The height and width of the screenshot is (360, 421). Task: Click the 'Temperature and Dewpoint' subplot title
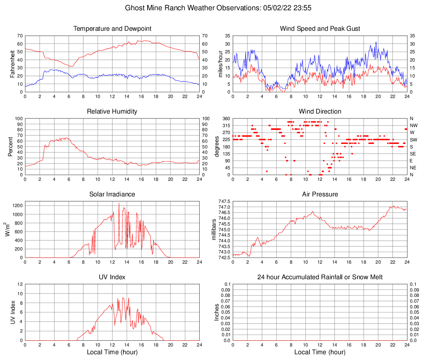click(x=112, y=29)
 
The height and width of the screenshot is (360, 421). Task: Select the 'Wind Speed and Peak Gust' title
click(x=320, y=29)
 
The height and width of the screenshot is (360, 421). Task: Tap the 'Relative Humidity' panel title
click(x=112, y=112)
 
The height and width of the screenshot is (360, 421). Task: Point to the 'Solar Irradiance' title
click(x=112, y=194)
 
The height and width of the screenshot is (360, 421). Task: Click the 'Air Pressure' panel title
click(x=320, y=194)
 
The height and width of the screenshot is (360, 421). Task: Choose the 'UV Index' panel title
click(x=112, y=277)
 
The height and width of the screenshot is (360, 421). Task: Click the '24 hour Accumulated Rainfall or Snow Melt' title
click(x=320, y=277)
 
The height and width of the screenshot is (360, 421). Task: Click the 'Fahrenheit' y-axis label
click(x=13, y=64)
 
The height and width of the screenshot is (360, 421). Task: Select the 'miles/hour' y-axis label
click(x=220, y=64)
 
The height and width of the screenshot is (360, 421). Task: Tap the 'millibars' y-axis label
click(x=214, y=230)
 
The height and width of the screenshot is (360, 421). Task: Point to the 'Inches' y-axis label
click(x=217, y=312)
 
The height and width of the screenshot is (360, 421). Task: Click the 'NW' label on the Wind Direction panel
click(x=413, y=125)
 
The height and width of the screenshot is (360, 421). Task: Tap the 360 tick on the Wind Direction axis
click(x=225, y=119)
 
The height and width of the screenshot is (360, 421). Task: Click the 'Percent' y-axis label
click(x=11, y=147)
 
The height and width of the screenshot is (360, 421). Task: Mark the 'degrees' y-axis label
click(x=217, y=147)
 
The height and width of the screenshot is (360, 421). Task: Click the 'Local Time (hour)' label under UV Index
click(x=112, y=352)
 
